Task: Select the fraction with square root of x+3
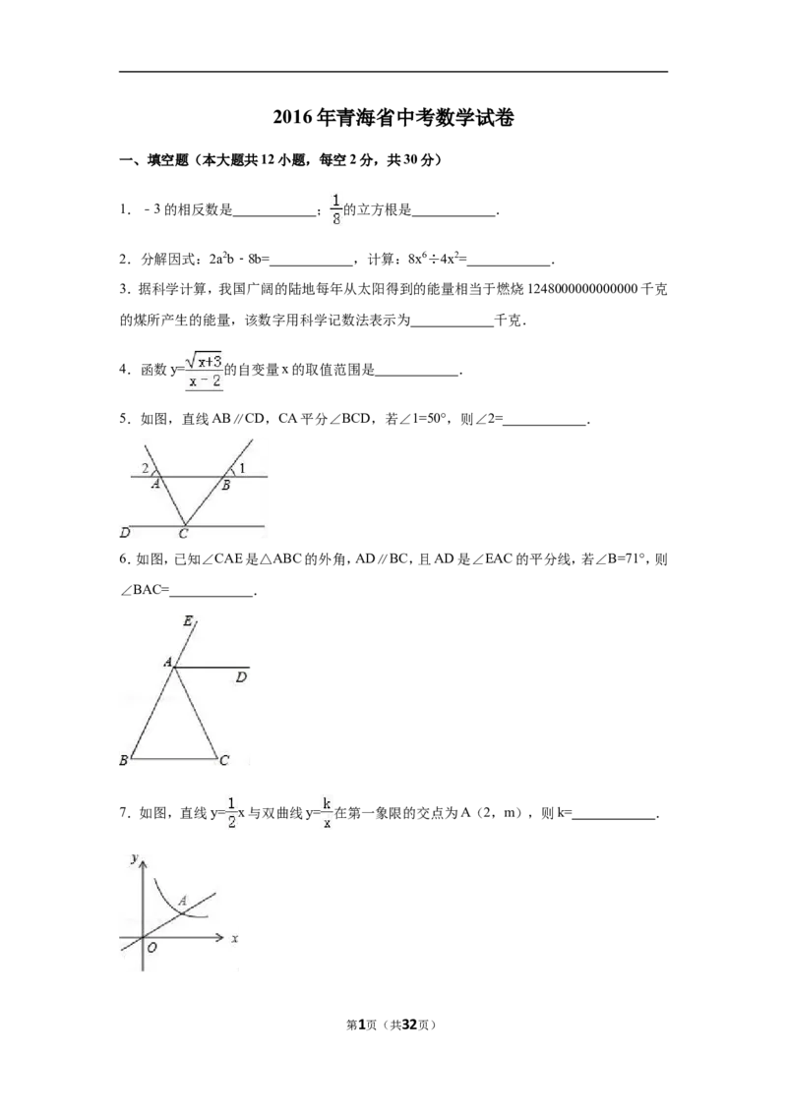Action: click(x=205, y=370)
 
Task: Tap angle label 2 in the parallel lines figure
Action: click(x=146, y=467)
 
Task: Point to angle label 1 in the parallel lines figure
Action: click(x=242, y=468)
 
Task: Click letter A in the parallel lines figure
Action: click(x=155, y=485)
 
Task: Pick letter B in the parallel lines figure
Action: click(x=225, y=486)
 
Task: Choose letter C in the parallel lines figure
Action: click(x=183, y=534)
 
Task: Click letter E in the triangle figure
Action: click(x=188, y=621)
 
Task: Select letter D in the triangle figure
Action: click(x=241, y=677)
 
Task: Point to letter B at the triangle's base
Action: click(x=124, y=760)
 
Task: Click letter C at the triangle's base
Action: click(x=224, y=760)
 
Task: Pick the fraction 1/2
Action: click(x=231, y=810)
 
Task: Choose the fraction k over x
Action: click(x=328, y=810)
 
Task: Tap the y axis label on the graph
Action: click(x=133, y=858)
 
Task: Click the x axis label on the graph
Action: click(x=235, y=940)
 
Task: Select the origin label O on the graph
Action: click(x=151, y=948)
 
